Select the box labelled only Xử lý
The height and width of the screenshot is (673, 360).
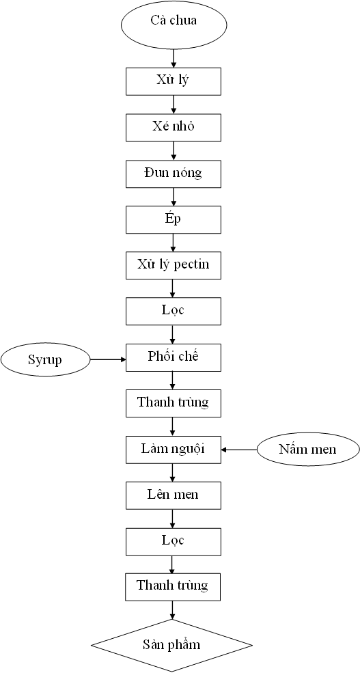click(x=174, y=81)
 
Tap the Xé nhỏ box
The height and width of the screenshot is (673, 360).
click(x=174, y=127)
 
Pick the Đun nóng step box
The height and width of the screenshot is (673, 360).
click(x=174, y=174)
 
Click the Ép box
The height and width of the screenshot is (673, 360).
click(x=174, y=219)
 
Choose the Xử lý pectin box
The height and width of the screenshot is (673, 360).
click(x=174, y=265)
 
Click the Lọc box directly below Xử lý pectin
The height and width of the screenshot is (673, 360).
click(x=174, y=311)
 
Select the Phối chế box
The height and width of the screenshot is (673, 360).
click(x=174, y=357)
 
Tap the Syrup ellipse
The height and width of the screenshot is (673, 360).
click(x=46, y=359)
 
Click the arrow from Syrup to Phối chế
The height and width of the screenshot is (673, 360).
click(x=108, y=359)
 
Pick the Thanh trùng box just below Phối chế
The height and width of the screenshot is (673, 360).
click(x=174, y=403)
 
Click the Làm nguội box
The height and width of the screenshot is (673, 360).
click(x=174, y=449)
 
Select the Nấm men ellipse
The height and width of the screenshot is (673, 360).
click(x=307, y=449)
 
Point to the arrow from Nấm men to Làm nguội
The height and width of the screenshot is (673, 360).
click(x=239, y=449)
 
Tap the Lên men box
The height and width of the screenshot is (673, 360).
click(x=174, y=495)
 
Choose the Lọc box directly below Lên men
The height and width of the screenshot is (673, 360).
click(x=174, y=541)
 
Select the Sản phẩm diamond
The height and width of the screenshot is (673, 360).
click(x=172, y=644)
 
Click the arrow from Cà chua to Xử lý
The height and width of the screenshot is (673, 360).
click(x=174, y=58)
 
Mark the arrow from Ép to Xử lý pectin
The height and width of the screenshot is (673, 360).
click(x=174, y=243)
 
